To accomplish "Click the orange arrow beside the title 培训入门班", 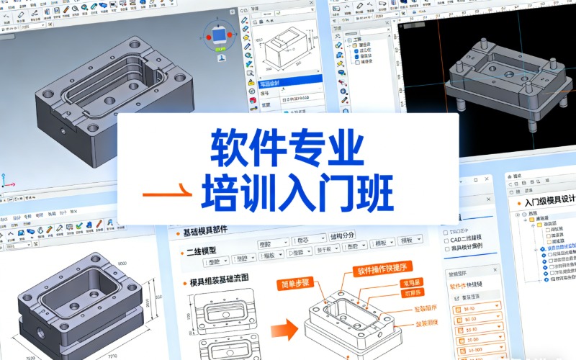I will pos(167,194).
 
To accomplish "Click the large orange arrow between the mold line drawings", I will pos(287,330).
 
